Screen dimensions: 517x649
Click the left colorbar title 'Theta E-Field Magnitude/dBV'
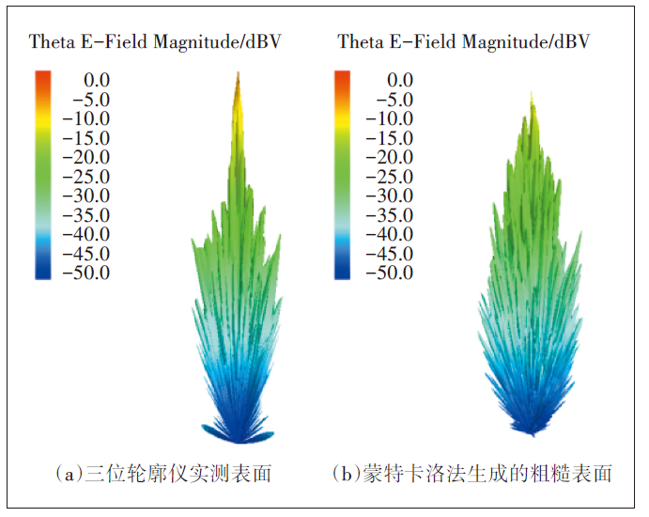click(x=155, y=41)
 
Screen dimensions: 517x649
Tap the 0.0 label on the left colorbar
click(x=98, y=80)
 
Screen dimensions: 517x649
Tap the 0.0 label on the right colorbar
click(x=401, y=80)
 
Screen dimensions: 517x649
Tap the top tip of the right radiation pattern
click(x=533, y=94)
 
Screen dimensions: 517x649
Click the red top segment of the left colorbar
click(x=43, y=79)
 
